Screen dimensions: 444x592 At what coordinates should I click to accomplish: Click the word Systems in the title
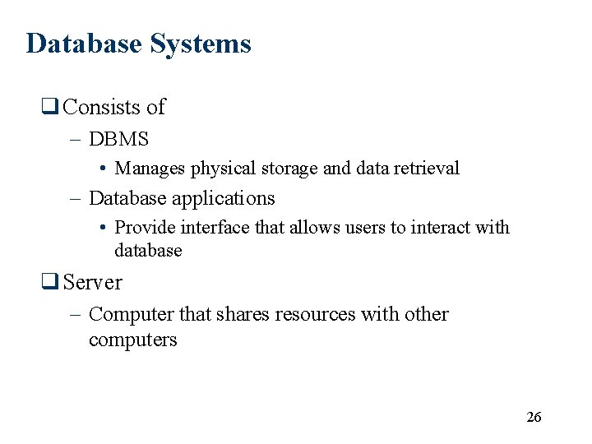click(200, 44)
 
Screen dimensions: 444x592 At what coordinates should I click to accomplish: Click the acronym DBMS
click(118, 140)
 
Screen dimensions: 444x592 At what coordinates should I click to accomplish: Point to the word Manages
click(150, 169)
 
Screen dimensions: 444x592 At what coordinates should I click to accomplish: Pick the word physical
click(224, 169)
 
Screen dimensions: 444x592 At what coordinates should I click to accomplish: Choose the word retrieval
click(427, 169)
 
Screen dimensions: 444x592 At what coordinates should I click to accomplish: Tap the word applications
click(225, 199)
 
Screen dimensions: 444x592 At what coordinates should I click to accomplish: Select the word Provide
click(146, 228)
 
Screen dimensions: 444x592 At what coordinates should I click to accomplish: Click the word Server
click(93, 282)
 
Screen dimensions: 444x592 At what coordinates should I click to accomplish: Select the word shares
click(242, 314)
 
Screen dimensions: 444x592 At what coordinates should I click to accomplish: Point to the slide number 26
click(534, 417)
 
